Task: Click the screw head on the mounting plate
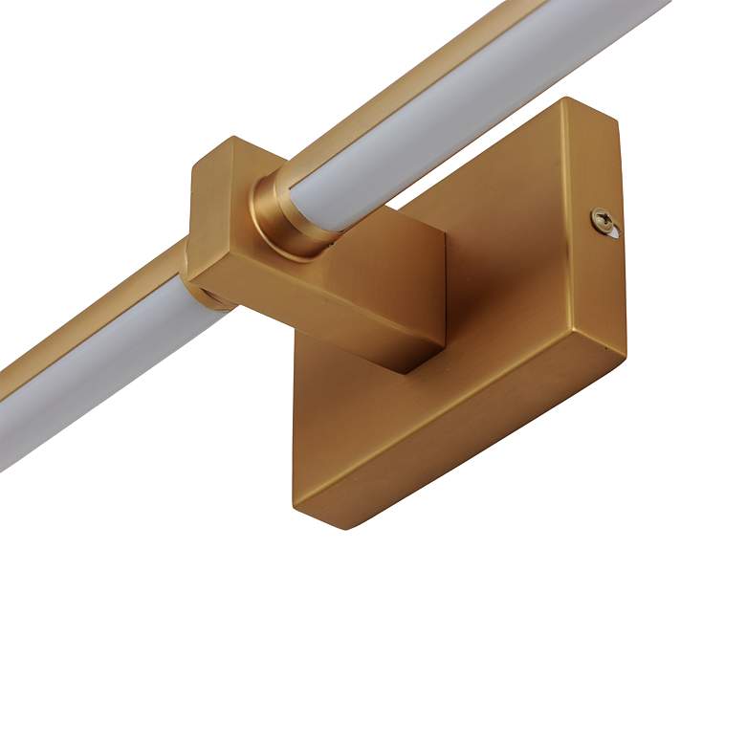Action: [602, 219]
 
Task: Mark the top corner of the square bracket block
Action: [232, 141]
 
